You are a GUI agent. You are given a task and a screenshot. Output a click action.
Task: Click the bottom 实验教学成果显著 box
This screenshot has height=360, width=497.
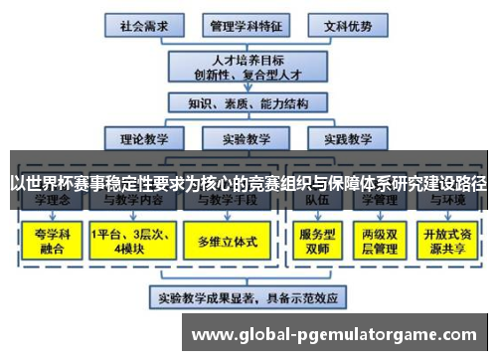click(x=242, y=295)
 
